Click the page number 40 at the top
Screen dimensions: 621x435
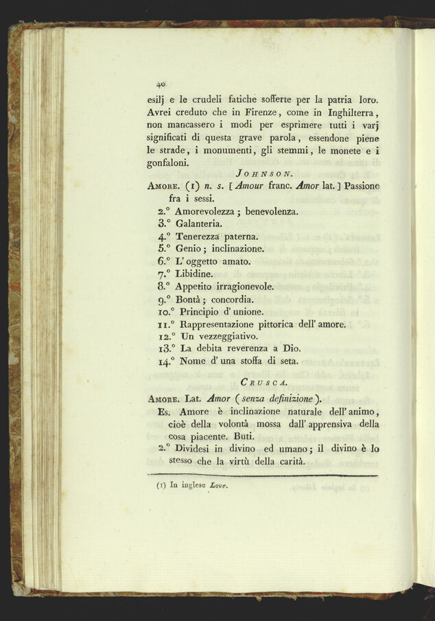coord(162,84)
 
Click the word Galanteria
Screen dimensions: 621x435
coord(198,223)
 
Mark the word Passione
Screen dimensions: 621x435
coord(363,186)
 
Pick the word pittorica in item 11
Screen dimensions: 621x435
coord(279,324)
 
